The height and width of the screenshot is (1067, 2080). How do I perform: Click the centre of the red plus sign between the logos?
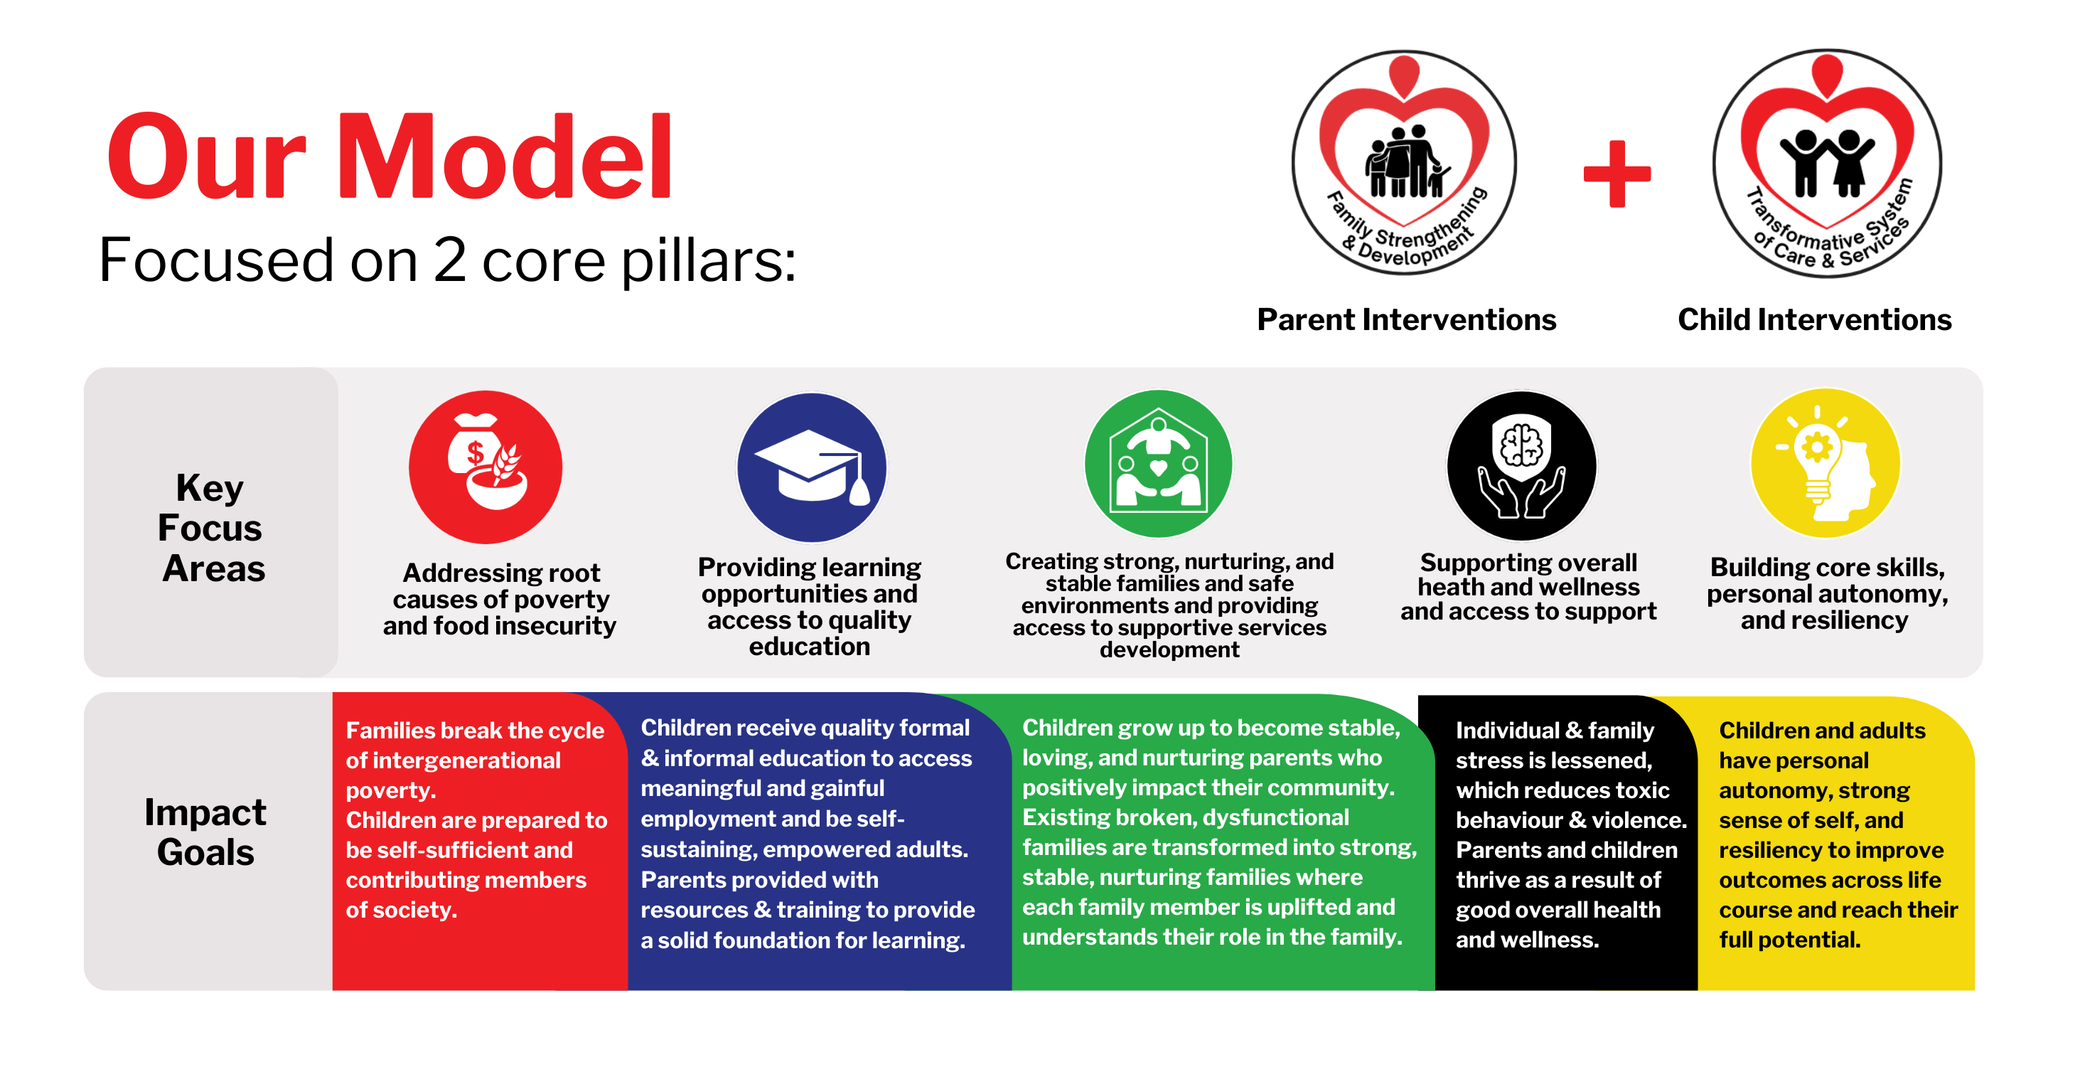tap(1617, 173)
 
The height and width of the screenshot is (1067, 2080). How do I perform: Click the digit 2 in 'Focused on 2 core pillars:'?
tap(450, 260)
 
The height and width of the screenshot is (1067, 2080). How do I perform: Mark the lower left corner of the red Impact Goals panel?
tap(333, 990)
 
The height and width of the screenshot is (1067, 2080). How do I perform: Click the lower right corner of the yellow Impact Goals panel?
tap(1975, 990)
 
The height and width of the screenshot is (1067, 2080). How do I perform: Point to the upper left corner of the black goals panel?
tap(1419, 696)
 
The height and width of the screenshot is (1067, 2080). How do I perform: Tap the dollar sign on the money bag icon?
tap(475, 452)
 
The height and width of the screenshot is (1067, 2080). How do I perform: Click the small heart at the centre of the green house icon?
tap(1158, 467)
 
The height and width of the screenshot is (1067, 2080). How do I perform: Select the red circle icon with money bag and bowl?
tap(486, 467)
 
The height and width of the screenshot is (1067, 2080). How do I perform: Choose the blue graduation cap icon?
tap(812, 467)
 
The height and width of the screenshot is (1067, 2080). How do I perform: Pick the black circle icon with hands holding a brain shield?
tap(1521, 466)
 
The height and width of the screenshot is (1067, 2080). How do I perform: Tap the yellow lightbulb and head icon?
tap(1825, 464)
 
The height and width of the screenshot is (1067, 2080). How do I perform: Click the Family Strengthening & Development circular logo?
tap(1404, 162)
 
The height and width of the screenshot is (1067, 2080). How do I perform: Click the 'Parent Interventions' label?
tap(1407, 320)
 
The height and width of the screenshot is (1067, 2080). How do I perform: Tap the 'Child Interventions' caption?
tap(1814, 320)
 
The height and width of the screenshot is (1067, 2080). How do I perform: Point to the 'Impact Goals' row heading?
tap(205, 832)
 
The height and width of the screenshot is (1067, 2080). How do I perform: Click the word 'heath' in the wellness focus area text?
tap(1457, 588)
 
